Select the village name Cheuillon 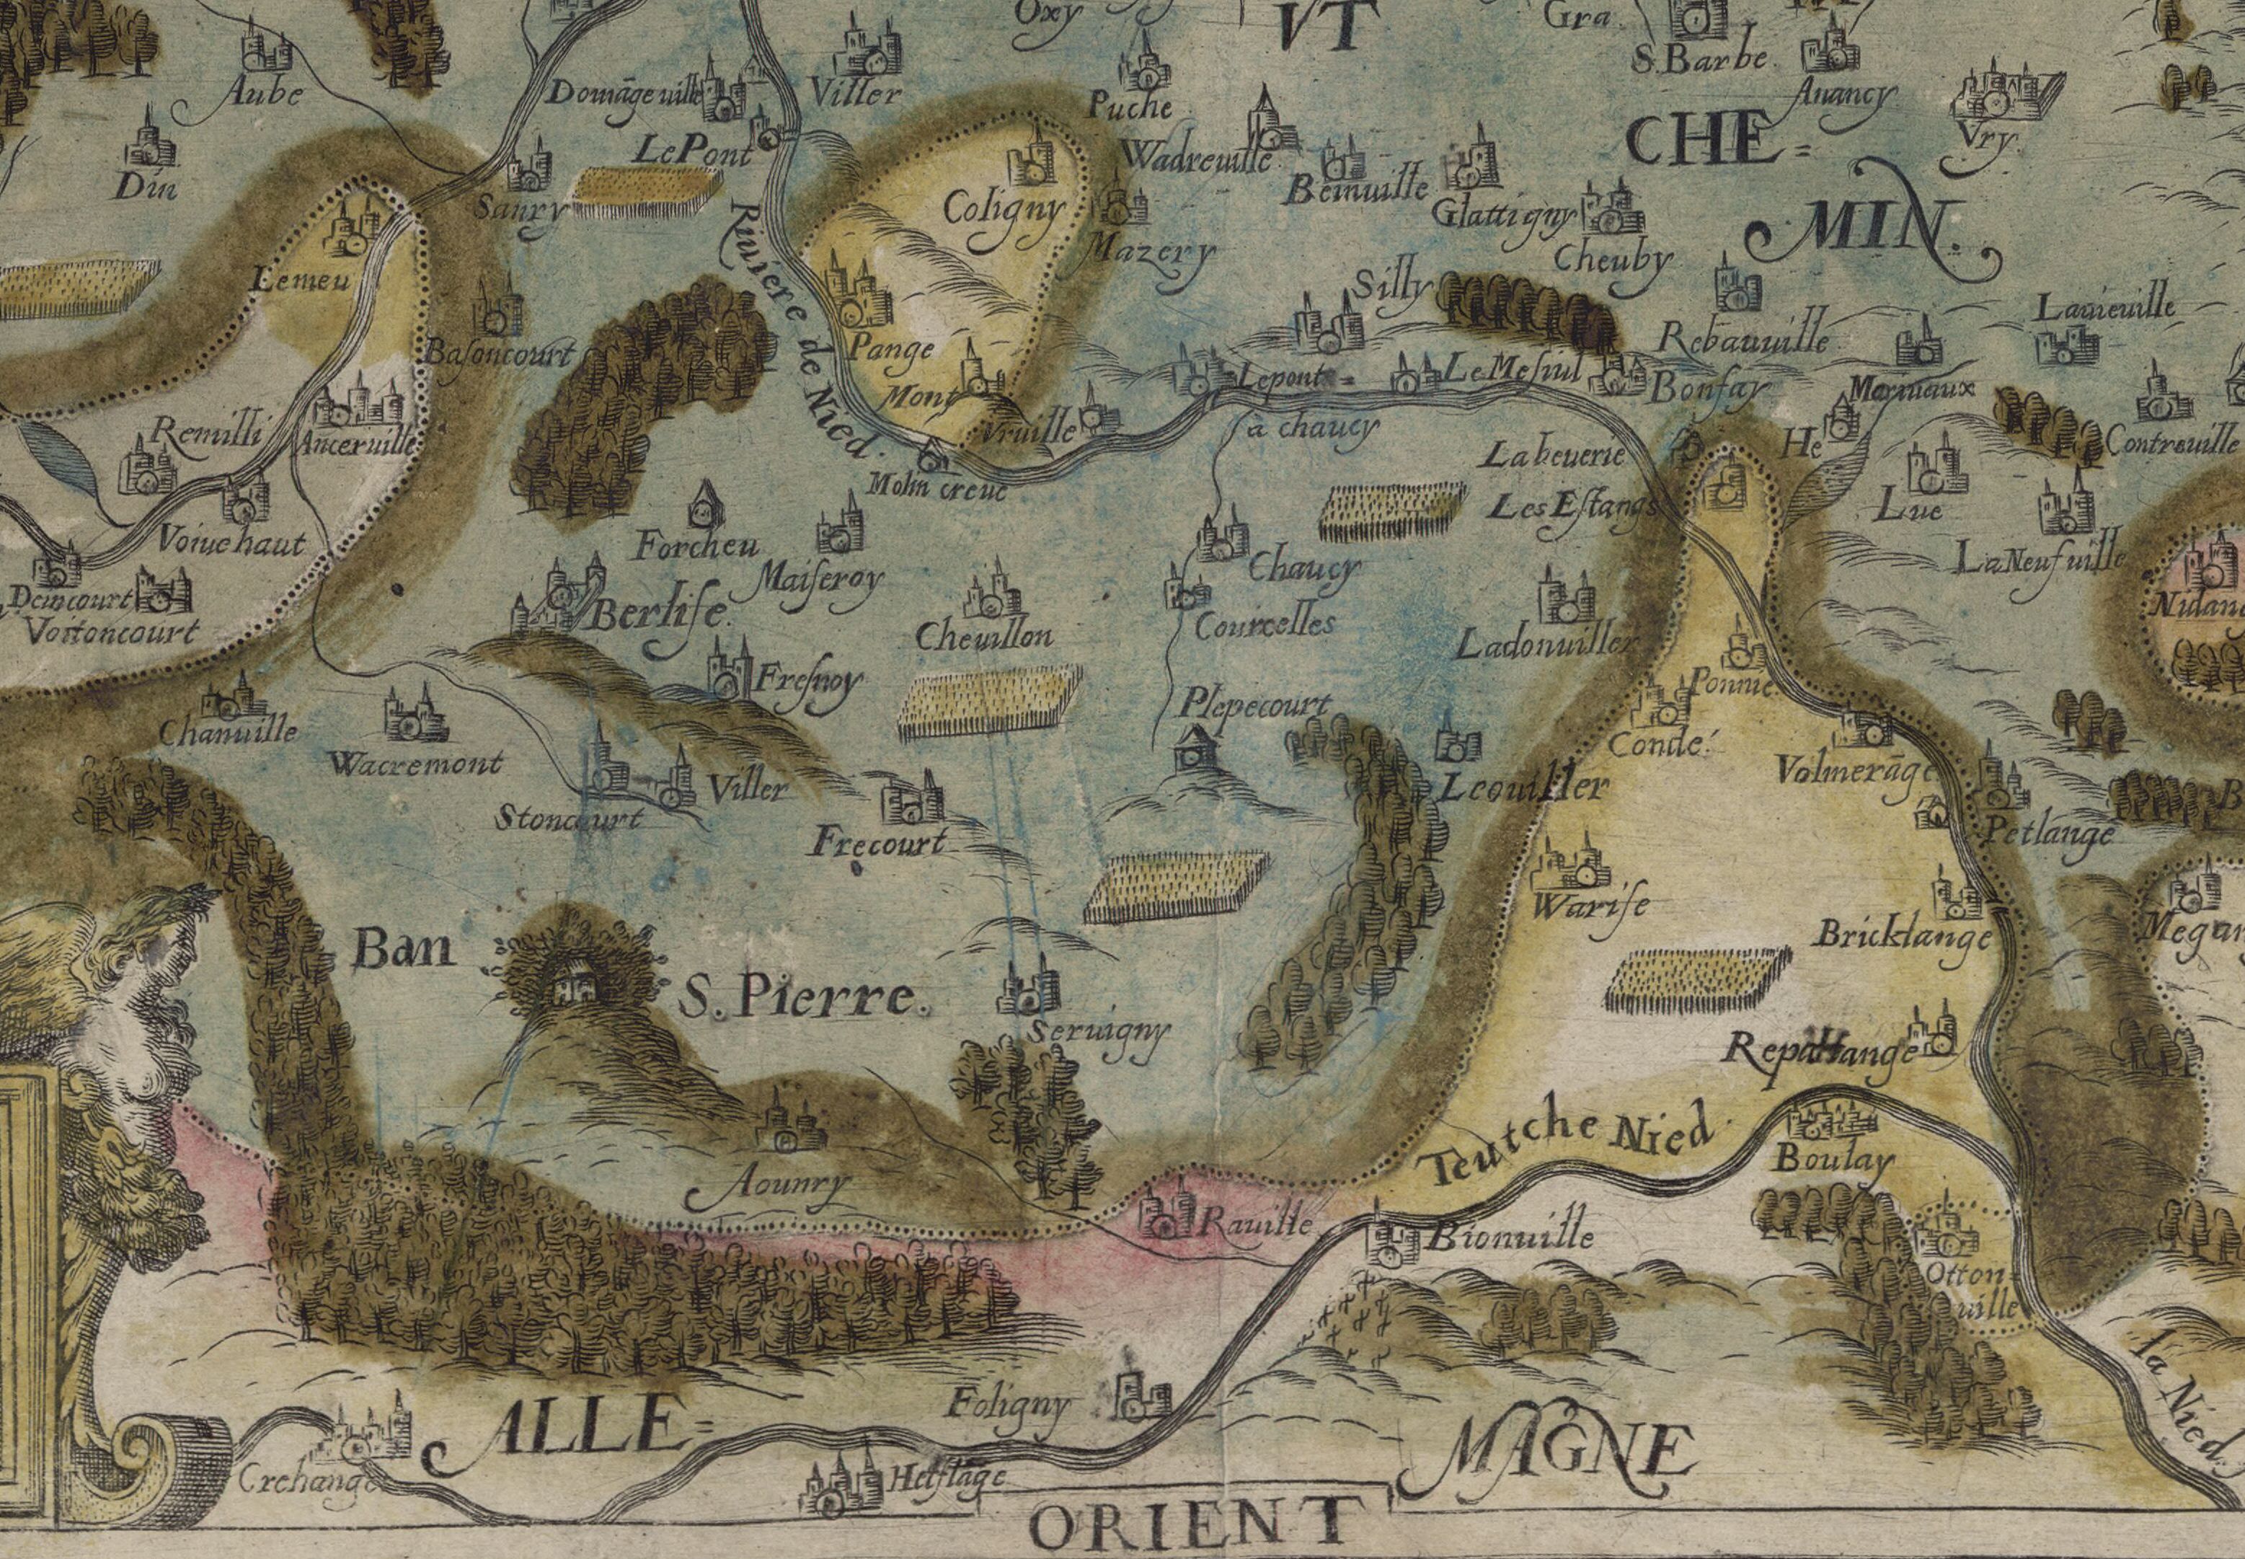(x=984, y=637)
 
